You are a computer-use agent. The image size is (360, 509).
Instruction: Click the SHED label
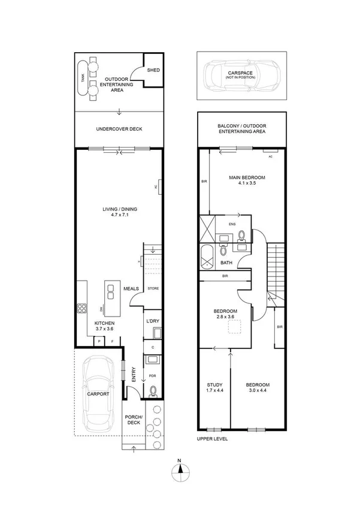[153, 70]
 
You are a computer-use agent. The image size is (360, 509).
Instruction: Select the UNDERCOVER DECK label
[119, 129]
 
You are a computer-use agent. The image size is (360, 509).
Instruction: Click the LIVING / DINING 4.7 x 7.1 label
[119, 212]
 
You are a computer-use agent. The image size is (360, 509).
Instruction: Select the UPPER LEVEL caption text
[212, 439]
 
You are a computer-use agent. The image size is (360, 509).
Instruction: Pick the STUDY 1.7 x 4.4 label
[214, 388]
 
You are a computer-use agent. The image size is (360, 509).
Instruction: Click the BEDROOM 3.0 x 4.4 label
[257, 388]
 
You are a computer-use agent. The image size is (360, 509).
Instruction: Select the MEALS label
[131, 289]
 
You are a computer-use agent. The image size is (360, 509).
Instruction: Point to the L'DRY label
[153, 322]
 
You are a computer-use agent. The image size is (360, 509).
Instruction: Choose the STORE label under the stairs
[153, 289]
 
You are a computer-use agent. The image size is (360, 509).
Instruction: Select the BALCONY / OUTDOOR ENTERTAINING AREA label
[242, 128]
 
